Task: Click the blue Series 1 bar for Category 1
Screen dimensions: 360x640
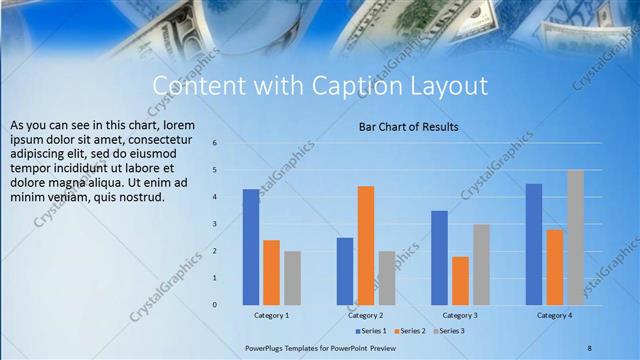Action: tap(250, 247)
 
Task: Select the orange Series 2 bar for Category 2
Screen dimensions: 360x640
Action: tap(365, 245)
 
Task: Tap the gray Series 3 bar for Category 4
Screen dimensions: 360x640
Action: tap(575, 237)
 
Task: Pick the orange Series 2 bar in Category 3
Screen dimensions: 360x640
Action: tap(460, 280)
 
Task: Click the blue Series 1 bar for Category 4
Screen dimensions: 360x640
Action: tap(534, 244)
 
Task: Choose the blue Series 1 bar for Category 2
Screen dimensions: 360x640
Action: tap(345, 271)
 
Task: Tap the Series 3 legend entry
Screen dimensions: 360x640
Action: tap(449, 330)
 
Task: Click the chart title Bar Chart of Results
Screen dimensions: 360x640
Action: tap(408, 127)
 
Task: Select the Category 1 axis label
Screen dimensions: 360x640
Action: tap(271, 315)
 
